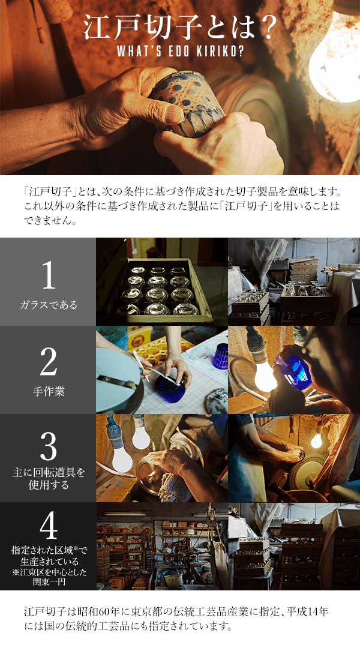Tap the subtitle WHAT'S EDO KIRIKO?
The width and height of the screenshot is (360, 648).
coord(180,52)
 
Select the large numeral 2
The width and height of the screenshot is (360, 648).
coord(49,363)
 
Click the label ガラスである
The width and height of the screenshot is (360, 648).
coord(49,305)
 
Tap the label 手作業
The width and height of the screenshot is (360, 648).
coord(49,391)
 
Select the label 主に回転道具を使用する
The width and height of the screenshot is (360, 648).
coord(49,478)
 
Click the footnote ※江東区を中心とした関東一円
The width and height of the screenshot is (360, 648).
coord(49,577)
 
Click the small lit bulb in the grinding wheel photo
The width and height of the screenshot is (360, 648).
coord(316,440)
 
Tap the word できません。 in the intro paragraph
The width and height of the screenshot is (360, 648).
coord(50,220)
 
